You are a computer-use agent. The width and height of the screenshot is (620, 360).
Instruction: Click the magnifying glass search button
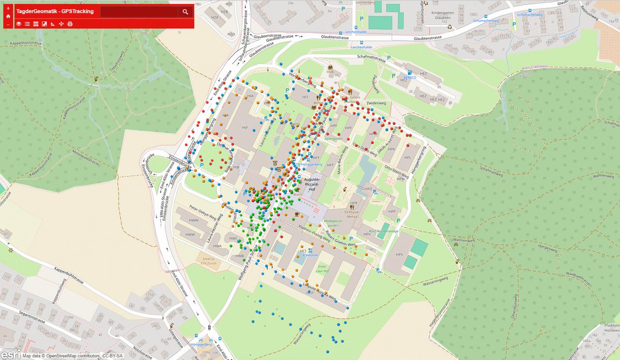(x=185, y=11)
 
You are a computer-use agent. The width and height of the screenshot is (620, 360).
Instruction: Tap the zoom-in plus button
(x=8, y=8)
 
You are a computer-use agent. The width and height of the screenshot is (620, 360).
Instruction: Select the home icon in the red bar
(x=8, y=16)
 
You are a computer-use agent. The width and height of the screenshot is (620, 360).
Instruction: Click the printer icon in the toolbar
(x=70, y=24)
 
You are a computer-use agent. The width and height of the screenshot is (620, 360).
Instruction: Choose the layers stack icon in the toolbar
(x=19, y=24)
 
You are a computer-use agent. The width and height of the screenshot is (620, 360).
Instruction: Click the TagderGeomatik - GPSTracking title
(x=55, y=11)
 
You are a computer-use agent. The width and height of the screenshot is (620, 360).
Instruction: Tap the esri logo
(x=10, y=354)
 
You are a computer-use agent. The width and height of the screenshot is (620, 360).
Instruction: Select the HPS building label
(x=399, y=254)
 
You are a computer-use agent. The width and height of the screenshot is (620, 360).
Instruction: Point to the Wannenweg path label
(x=464, y=241)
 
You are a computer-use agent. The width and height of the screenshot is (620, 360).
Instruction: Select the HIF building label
(x=245, y=127)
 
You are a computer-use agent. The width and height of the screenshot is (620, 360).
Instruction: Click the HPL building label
(x=407, y=158)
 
